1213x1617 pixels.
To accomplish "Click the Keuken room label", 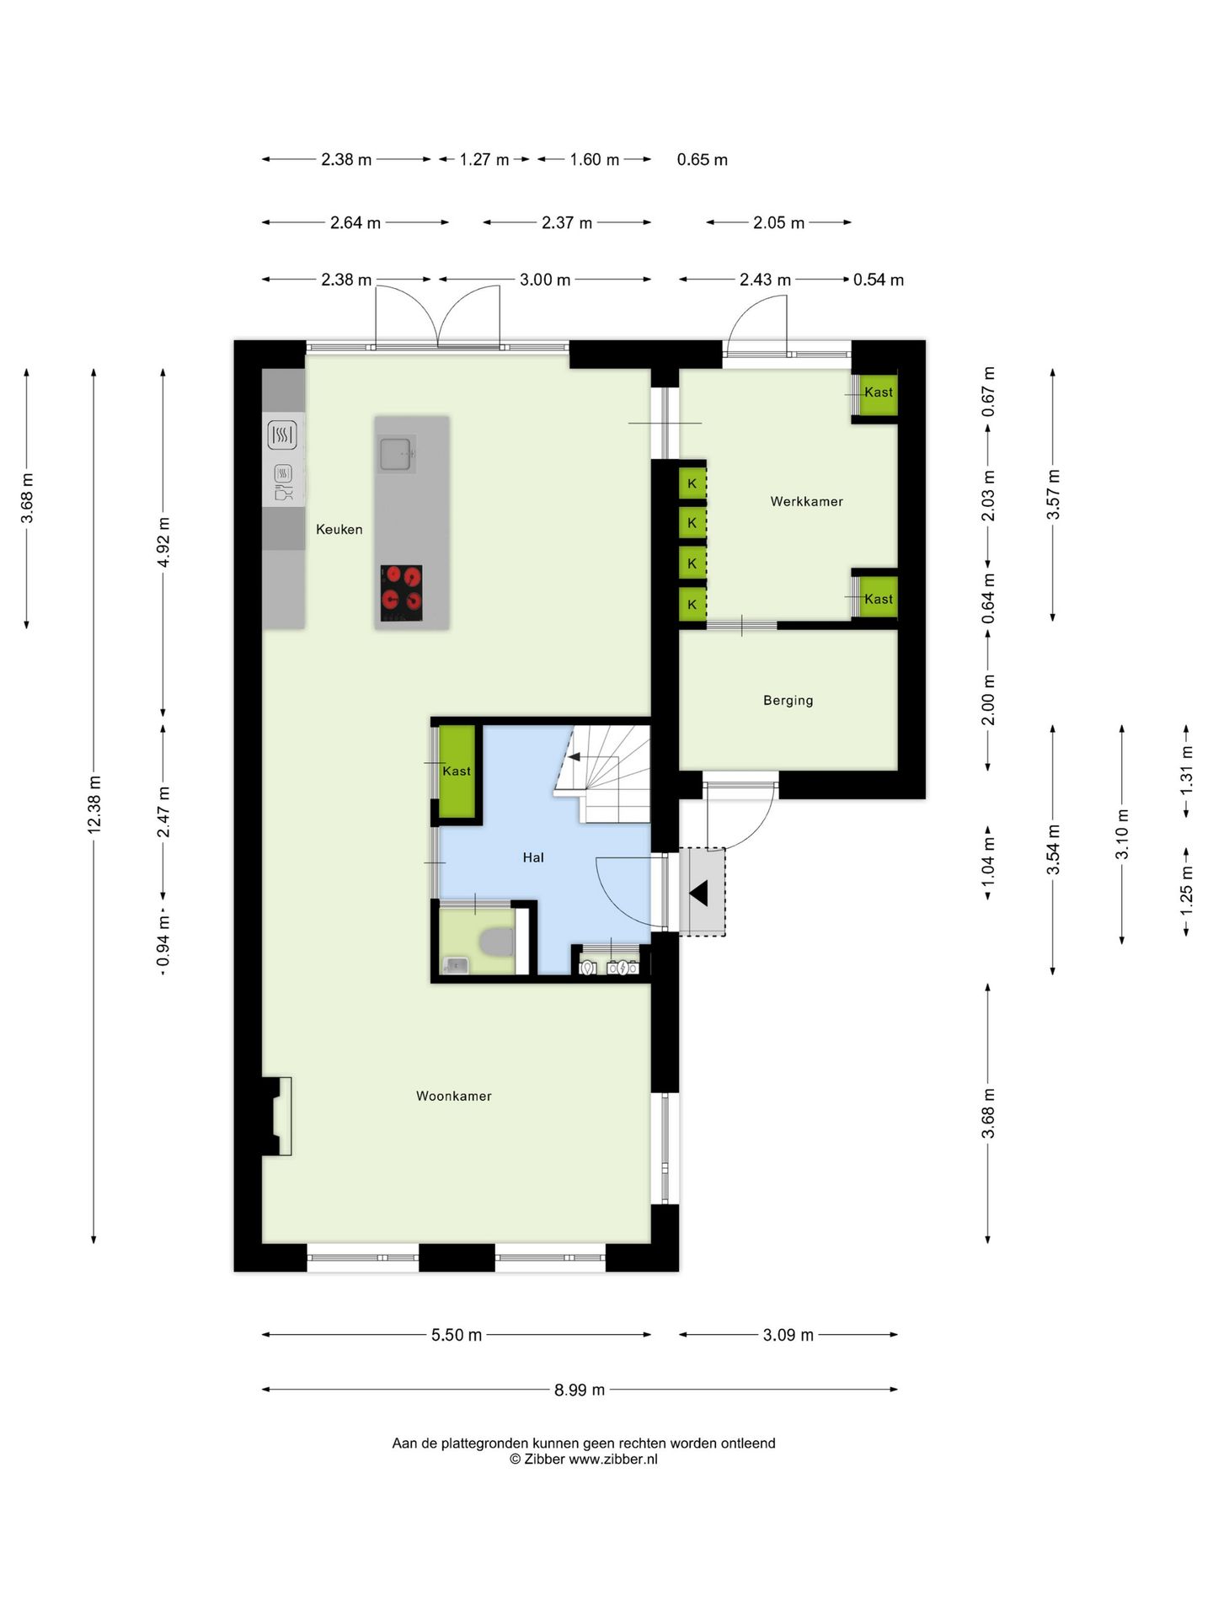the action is (339, 529).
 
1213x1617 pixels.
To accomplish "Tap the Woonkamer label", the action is (454, 1096).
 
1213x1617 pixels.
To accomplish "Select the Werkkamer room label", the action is (806, 501).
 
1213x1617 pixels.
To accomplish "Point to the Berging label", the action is (788, 701).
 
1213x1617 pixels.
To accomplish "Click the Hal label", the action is (533, 857).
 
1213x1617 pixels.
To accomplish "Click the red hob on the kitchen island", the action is (401, 593).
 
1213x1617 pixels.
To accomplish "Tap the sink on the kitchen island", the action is (395, 454).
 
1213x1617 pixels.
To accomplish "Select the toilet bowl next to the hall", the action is (495, 942).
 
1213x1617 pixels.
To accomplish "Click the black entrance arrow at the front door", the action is (698, 892).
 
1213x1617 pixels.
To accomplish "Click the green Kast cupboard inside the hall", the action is (457, 771).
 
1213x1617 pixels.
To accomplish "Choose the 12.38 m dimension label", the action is (94, 805).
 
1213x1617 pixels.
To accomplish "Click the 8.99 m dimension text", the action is (580, 1390).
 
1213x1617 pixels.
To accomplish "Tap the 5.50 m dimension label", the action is (457, 1335).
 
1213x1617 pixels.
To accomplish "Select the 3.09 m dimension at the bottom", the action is (788, 1335).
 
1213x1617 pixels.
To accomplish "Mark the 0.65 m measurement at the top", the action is (703, 159).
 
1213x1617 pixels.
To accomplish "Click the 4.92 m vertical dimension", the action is (163, 542).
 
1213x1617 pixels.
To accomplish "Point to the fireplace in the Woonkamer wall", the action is (277, 1116).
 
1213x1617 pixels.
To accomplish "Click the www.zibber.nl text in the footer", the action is (613, 1460).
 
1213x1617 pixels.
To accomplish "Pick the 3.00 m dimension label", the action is (545, 280).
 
